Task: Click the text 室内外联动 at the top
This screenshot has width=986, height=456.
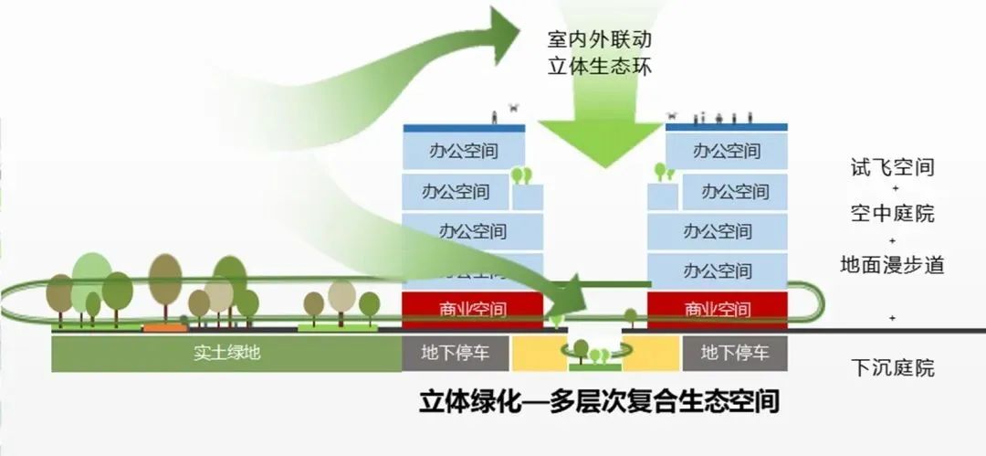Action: (x=600, y=41)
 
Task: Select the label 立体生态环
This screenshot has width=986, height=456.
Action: (x=600, y=67)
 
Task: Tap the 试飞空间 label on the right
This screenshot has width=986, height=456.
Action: (x=891, y=167)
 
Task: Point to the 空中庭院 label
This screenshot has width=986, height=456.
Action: (x=891, y=215)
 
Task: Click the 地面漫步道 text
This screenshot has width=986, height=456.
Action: (x=891, y=265)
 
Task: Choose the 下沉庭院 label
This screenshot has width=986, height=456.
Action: (x=891, y=369)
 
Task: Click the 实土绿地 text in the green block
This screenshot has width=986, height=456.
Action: (x=226, y=353)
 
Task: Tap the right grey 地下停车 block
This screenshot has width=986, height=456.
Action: (x=735, y=353)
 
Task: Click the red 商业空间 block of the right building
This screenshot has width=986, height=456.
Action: (x=718, y=309)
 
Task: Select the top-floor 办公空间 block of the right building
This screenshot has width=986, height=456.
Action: (x=726, y=149)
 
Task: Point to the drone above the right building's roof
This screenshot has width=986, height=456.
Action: (x=673, y=116)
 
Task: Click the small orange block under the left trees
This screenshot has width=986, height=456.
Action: (x=165, y=326)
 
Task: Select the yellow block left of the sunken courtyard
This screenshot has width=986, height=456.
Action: (x=539, y=353)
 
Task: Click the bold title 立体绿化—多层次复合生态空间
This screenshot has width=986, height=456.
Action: (x=599, y=402)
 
